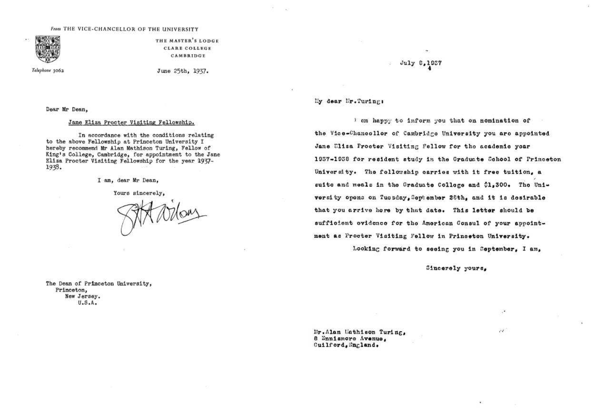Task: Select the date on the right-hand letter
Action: pyautogui.click(x=421, y=63)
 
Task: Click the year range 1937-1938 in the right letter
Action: pyautogui.click(x=335, y=159)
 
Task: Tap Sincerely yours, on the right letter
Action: pyautogui.click(x=456, y=268)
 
